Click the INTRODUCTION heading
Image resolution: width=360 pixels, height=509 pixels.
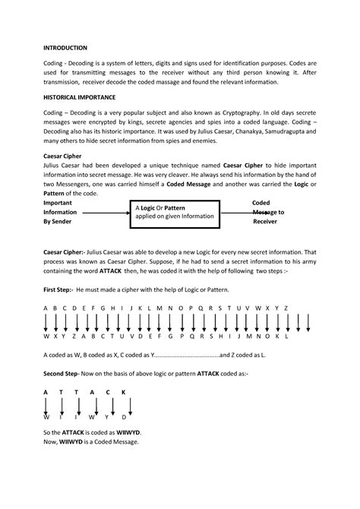[x=65, y=47]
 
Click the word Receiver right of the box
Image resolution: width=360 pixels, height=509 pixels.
[x=265, y=223]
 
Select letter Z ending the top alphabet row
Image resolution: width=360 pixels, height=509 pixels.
[x=286, y=308]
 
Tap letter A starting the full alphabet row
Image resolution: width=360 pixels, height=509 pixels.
[x=46, y=308]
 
